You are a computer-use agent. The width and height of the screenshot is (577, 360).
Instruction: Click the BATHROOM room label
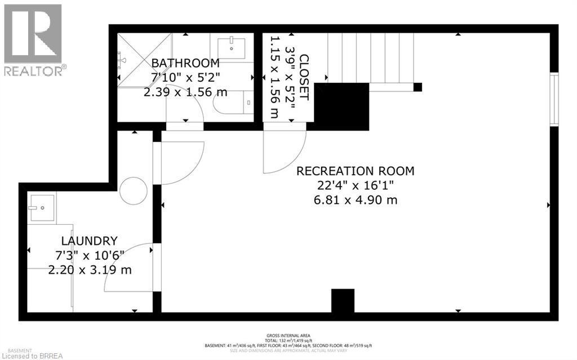pyautogui.click(x=185, y=63)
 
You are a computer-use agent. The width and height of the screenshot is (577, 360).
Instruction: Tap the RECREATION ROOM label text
pyautogui.click(x=356, y=171)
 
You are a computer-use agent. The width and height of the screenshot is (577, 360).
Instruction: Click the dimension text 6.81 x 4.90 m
pyautogui.click(x=356, y=199)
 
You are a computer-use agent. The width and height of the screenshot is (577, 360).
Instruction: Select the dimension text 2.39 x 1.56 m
pyautogui.click(x=185, y=91)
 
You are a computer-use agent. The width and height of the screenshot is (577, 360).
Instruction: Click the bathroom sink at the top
pyautogui.click(x=231, y=46)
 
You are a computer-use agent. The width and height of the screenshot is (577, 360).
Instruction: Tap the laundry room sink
pyautogui.click(x=42, y=208)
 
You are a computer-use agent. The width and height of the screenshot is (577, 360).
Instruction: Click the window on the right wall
pyautogui.click(x=554, y=99)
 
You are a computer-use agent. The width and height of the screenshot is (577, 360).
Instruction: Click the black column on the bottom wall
pyautogui.click(x=343, y=301)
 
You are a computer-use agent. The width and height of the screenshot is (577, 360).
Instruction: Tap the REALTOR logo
pyautogui.click(x=33, y=39)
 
